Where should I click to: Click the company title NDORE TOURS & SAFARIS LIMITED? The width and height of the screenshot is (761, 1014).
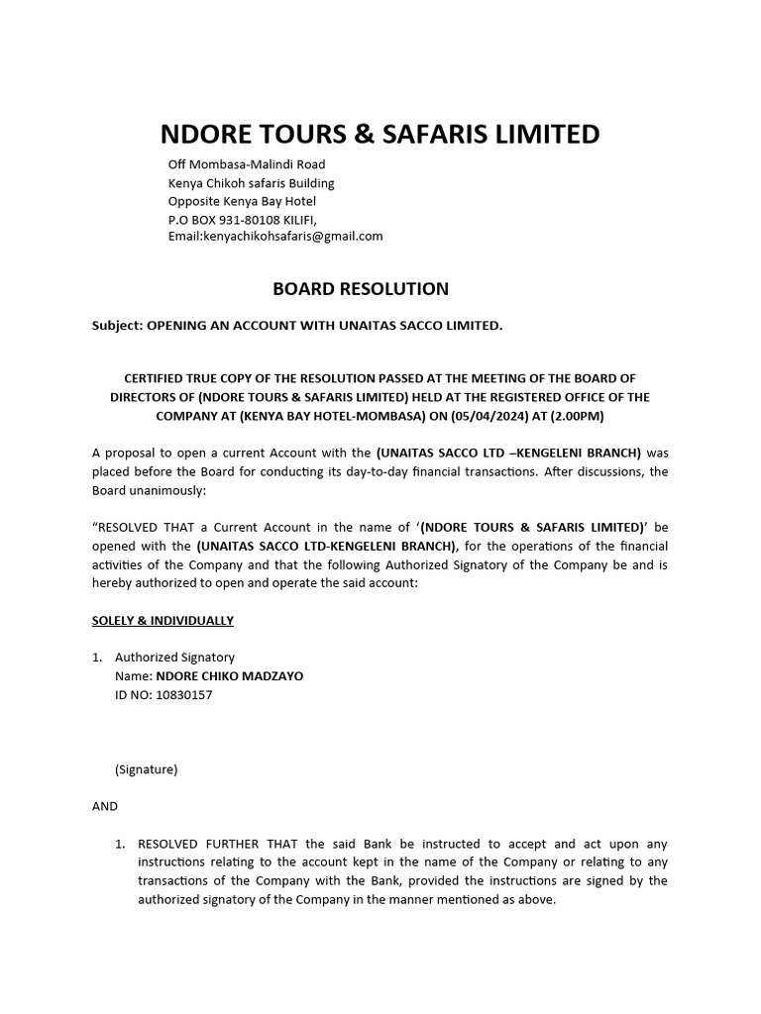click(380, 134)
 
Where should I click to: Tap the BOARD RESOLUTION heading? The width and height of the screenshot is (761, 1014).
click(361, 289)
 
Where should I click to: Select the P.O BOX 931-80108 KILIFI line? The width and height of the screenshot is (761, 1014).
click(243, 219)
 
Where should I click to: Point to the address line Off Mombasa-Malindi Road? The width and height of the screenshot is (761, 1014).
click(247, 164)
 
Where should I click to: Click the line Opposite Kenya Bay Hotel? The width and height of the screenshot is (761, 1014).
click(242, 201)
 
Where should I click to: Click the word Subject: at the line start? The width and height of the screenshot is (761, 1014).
click(117, 325)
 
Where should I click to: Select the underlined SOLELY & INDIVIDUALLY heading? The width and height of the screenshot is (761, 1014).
click(163, 621)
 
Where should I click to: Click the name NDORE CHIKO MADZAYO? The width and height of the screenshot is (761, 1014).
click(229, 676)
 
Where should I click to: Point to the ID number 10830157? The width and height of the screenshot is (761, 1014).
click(182, 695)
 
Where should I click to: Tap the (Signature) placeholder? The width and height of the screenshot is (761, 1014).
click(147, 769)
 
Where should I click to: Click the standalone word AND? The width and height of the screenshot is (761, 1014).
click(105, 806)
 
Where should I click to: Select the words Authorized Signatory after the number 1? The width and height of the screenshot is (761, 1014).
click(174, 658)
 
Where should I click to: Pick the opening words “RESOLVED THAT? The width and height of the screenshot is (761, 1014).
click(143, 528)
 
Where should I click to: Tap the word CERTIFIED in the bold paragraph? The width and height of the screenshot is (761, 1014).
click(158, 378)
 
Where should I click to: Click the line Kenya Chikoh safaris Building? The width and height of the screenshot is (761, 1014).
click(251, 183)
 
